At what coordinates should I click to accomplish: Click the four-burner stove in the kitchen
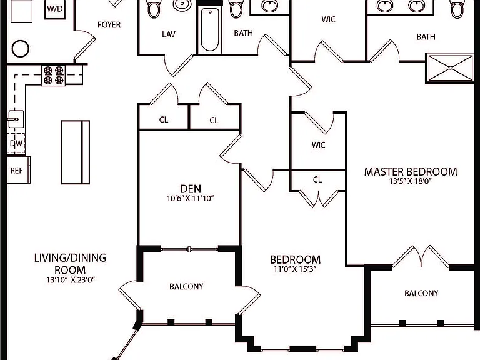pyautogui.click(x=54, y=75)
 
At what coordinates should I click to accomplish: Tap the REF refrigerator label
pyautogui.click(x=16, y=171)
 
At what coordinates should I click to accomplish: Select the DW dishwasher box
pyautogui.click(x=16, y=143)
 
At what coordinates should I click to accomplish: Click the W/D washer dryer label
pyautogui.click(x=55, y=9)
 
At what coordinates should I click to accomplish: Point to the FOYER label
pyautogui.click(x=109, y=25)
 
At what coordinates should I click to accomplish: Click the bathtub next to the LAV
pyautogui.click(x=210, y=30)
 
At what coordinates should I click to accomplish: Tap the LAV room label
pyautogui.click(x=169, y=34)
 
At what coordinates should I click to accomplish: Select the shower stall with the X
pyautogui.click(x=450, y=68)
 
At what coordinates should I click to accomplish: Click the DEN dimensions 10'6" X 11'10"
pyautogui.click(x=190, y=198)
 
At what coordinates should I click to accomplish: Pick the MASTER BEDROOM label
pyautogui.click(x=411, y=171)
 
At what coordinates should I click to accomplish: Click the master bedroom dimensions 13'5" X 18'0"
pyautogui.click(x=411, y=181)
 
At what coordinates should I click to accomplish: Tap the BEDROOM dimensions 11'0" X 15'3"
pyautogui.click(x=295, y=269)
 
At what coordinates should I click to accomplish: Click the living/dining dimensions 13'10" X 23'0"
pyautogui.click(x=71, y=279)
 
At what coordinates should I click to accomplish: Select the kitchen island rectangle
pyautogui.click(x=76, y=152)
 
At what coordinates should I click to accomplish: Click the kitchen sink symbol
pyautogui.click(x=15, y=119)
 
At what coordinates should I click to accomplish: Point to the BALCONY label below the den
pyautogui.click(x=186, y=286)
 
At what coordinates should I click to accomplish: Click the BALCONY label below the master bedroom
pyautogui.click(x=421, y=293)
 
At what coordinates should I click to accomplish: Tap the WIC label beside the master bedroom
pyautogui.click(x=318, y=145)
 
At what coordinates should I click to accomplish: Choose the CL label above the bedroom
pyautogui.click(x=317, y=179)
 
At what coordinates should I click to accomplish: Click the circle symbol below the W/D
pyautogui.click(x=21, y=48)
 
